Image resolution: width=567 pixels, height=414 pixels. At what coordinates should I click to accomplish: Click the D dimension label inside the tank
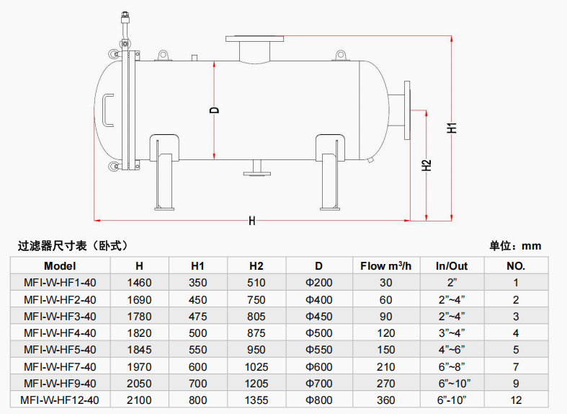click(x=213, y=110)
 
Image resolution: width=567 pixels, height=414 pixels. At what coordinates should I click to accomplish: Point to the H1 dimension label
click(x=452, y=128)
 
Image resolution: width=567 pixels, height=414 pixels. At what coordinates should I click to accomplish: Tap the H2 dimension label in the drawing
click(x=427, y=165)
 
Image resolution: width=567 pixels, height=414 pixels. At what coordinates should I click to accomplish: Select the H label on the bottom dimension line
click(x=252, y=221)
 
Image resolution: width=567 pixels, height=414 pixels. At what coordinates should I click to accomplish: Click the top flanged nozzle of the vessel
click(x=254, y=48)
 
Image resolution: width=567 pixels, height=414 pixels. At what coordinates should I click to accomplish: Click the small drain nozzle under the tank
click(x=255, y=168)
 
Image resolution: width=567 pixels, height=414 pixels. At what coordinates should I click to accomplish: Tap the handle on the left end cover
click(x=107, y=110)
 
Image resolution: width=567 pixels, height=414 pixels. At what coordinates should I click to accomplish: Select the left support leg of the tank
click(x=164, y=173)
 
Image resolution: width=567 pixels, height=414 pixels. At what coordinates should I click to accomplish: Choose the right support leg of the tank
click(x=330, y=173)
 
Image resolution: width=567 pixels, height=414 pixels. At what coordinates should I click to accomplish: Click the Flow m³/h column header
click(x=385, y=265)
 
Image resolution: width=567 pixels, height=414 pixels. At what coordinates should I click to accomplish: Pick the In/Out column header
click(x=452, y=265)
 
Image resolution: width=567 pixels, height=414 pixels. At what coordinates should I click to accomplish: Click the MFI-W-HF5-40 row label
click(x=60, y=349)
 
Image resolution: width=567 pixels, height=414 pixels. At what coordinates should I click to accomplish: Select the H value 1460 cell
click(x=139, y=283)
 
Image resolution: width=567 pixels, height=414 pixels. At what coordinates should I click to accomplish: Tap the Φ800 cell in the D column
click(x=318, y=400)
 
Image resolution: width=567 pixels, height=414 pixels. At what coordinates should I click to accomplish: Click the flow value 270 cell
click(x=385, y=383)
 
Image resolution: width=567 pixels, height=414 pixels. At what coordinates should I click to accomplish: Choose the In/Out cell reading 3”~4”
click(x=452, y=332)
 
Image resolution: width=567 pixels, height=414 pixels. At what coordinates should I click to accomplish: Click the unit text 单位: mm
click(x=515, y=246)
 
